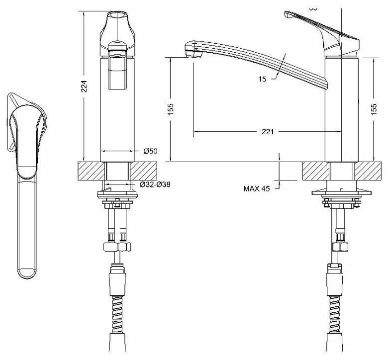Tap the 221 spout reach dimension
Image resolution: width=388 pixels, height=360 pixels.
tap(268, 132)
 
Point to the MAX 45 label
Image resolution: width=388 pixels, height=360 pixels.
tap(257, 188)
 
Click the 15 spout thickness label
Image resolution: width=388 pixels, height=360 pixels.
tap(262, 78)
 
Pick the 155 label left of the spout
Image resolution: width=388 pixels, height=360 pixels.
tap(170, 109)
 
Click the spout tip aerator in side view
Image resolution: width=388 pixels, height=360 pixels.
tap(191, 50)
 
